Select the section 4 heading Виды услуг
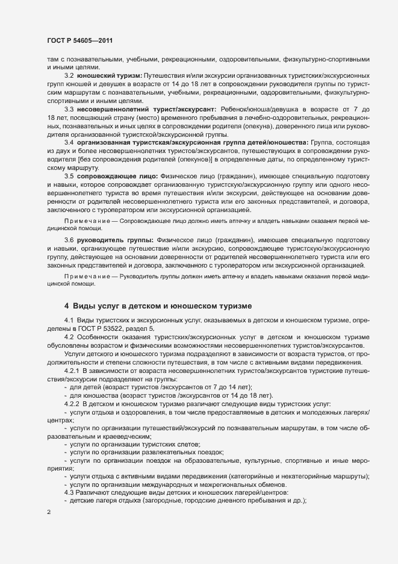click(159, 306)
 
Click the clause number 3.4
click(69, 142)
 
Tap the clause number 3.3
click(69, 108)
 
